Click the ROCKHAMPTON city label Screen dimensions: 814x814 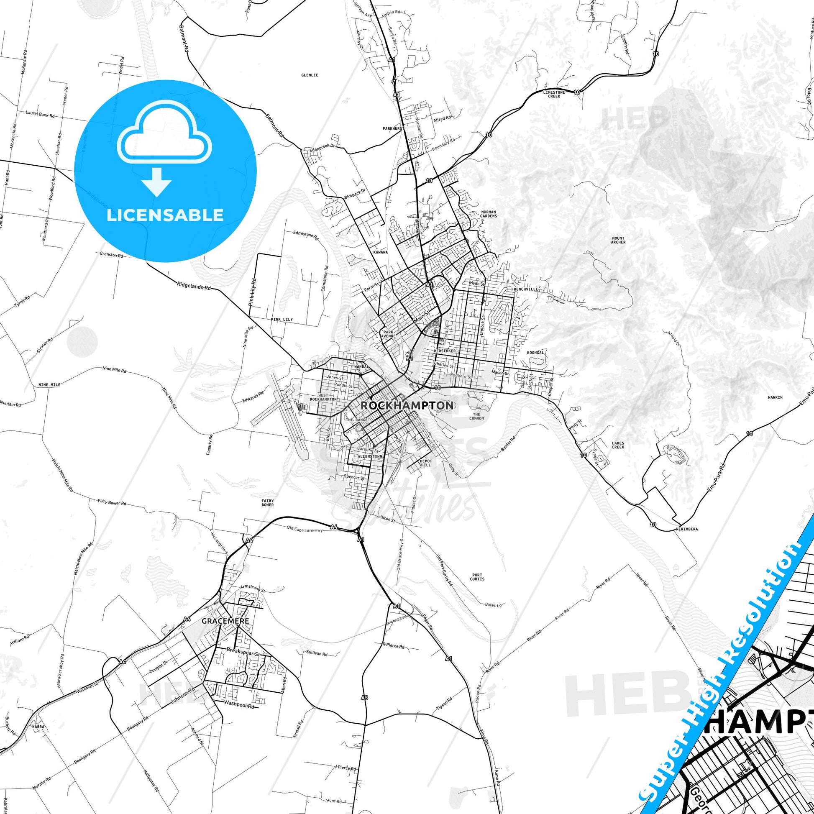(x=407, y=405)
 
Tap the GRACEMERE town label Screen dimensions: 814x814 (x=225, y=621)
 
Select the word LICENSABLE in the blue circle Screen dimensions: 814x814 (x=165, y=215)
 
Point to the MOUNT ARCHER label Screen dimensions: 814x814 (x=618, y=240)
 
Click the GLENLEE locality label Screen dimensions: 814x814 (x=309, y=75)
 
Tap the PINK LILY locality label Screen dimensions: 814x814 (x=282, y=320)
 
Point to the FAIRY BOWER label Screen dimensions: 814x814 (x=267, y=502)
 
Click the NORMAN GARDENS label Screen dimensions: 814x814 (x=488, y=214)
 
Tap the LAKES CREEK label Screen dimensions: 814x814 (x=618, y=445)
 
